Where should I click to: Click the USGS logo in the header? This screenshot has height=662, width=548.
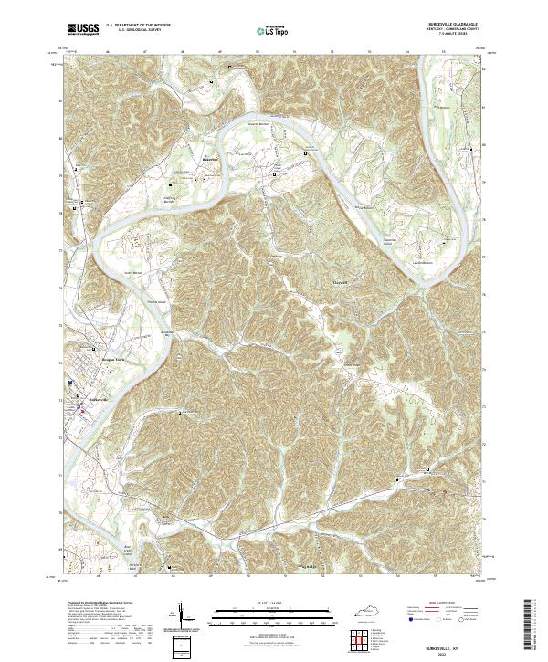[x=83, y=29]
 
